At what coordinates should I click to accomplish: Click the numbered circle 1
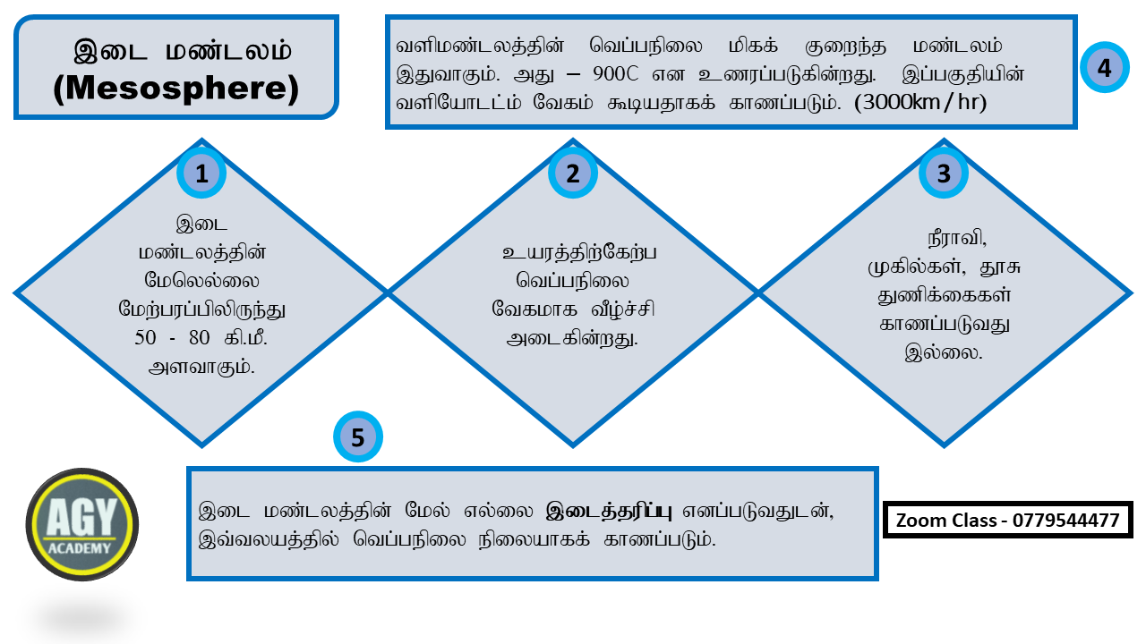tap(201, 174)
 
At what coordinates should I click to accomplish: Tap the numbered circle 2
tap(572, 174)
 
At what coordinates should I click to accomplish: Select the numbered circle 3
tap(944, 174)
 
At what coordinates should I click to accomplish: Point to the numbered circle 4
tap(1104, 67)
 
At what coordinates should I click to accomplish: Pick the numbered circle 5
tap(358, 437)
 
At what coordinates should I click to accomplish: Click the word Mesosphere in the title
tap(175, 89)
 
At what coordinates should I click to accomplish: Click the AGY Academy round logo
tap(82, 524)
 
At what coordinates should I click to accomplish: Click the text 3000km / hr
tap(921, 102)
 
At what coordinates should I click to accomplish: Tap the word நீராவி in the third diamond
tap(956, 240)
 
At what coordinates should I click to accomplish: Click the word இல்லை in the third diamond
tap(944, 352)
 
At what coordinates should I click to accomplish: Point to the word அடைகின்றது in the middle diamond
tap(573, 339)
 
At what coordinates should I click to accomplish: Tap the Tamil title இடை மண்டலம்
tap(183, 51)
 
